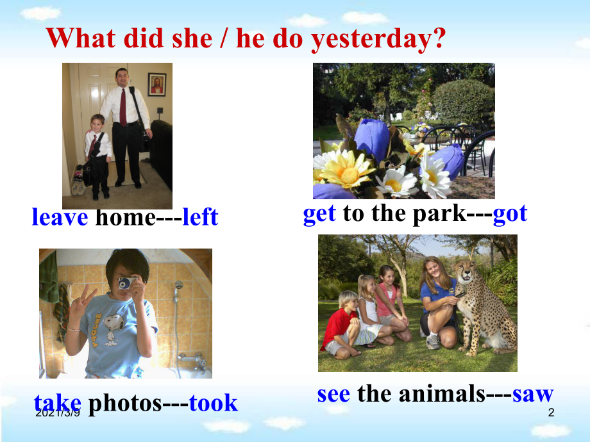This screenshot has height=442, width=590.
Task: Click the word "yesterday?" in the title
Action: pos(378,39)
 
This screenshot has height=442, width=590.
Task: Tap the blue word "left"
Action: pos(200,217)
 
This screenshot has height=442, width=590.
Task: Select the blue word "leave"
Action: pos(60,217)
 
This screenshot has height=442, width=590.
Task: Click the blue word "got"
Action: pos(510,214)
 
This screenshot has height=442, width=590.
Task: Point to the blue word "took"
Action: pos(214,403)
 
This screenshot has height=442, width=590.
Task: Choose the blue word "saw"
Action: pos(533,394)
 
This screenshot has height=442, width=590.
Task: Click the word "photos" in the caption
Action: pos(125,404)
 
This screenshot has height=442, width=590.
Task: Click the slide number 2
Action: pos(551,413)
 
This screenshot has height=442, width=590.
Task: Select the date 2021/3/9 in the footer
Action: pos(58,413)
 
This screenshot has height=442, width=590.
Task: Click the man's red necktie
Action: pos(122,107)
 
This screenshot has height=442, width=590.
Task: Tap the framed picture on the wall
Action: pos(157,85)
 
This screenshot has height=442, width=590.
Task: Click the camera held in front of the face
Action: pos(127,282)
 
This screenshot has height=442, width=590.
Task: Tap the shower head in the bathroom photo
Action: pos(179,285)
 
